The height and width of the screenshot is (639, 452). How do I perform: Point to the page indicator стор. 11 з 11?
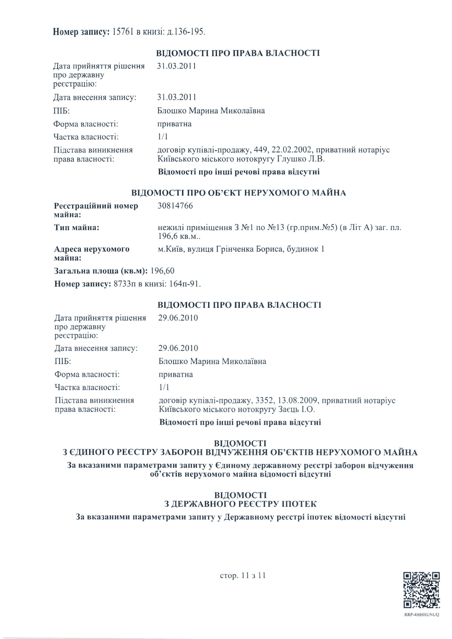coord(243,576)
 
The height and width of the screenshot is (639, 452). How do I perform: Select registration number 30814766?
coord(175,206)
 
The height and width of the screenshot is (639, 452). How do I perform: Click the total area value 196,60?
coord(163,271)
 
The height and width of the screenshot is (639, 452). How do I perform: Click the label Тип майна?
coord(77,228)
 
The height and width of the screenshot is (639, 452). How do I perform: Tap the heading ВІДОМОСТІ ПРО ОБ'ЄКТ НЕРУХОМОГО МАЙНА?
coord(239,193)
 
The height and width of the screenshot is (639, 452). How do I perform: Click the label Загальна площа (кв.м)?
coord(101,271)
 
